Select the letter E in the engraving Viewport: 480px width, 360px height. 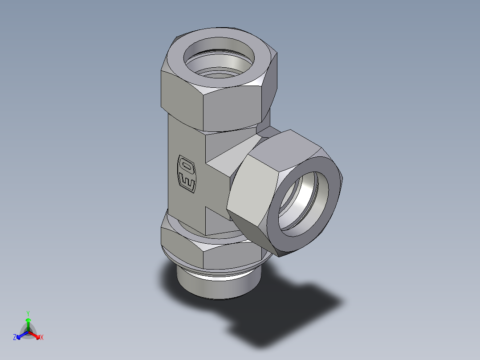pyautogui.click(x=187, y=182)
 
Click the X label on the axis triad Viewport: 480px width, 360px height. pyautogui.click(x=42, y=338)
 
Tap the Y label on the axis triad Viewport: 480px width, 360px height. pyautogui.click(x=28, y=313)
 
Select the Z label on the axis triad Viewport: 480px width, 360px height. pyautogui.click(x=14, y=338)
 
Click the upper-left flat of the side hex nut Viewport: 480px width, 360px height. pyautogui.click(x=263, y=154)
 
